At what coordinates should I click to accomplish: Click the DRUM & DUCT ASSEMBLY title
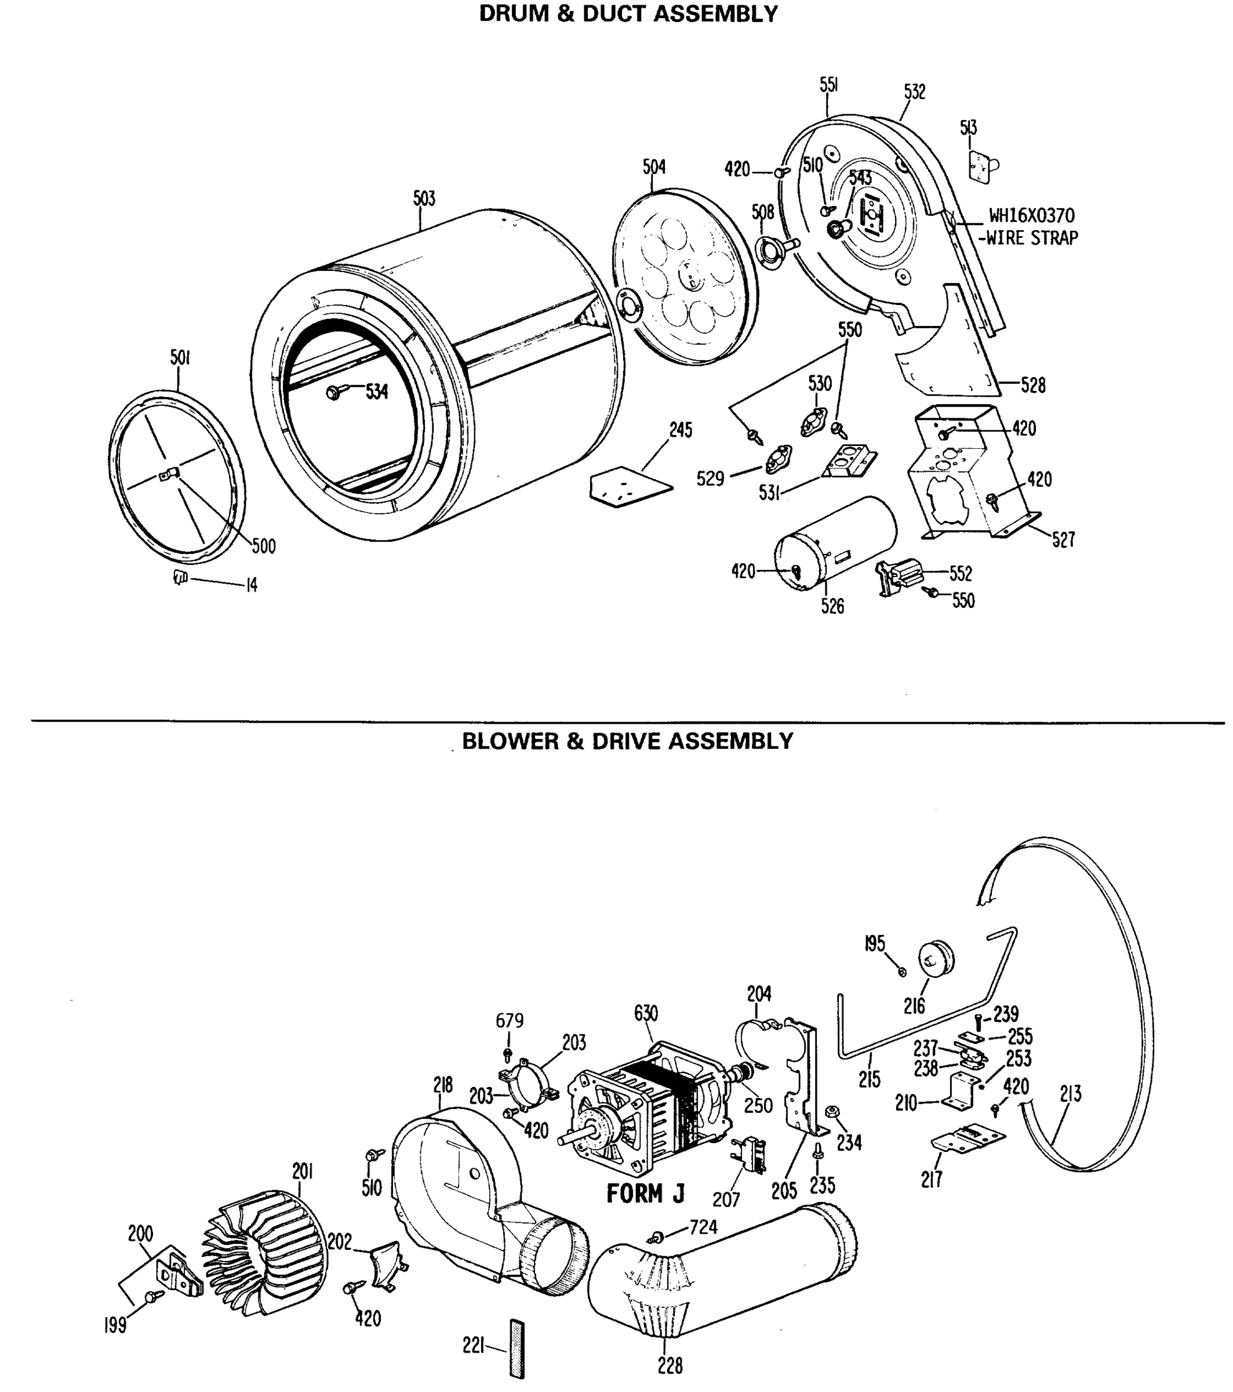click(x=628, y=13)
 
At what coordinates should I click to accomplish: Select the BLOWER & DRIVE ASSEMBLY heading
click(x=627, y=741)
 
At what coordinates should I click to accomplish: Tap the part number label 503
click(x=424, y=199)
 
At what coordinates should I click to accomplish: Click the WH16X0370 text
click(x=1031, y=216)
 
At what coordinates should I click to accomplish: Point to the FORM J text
click(x=645, y=1193)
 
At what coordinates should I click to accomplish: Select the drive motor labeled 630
click(x=647, y=1110)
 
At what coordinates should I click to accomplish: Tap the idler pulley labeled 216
click(x=937, y=959)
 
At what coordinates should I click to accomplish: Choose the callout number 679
click(x=510, y=1020)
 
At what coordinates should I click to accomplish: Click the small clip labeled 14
click(x=180, y=578)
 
